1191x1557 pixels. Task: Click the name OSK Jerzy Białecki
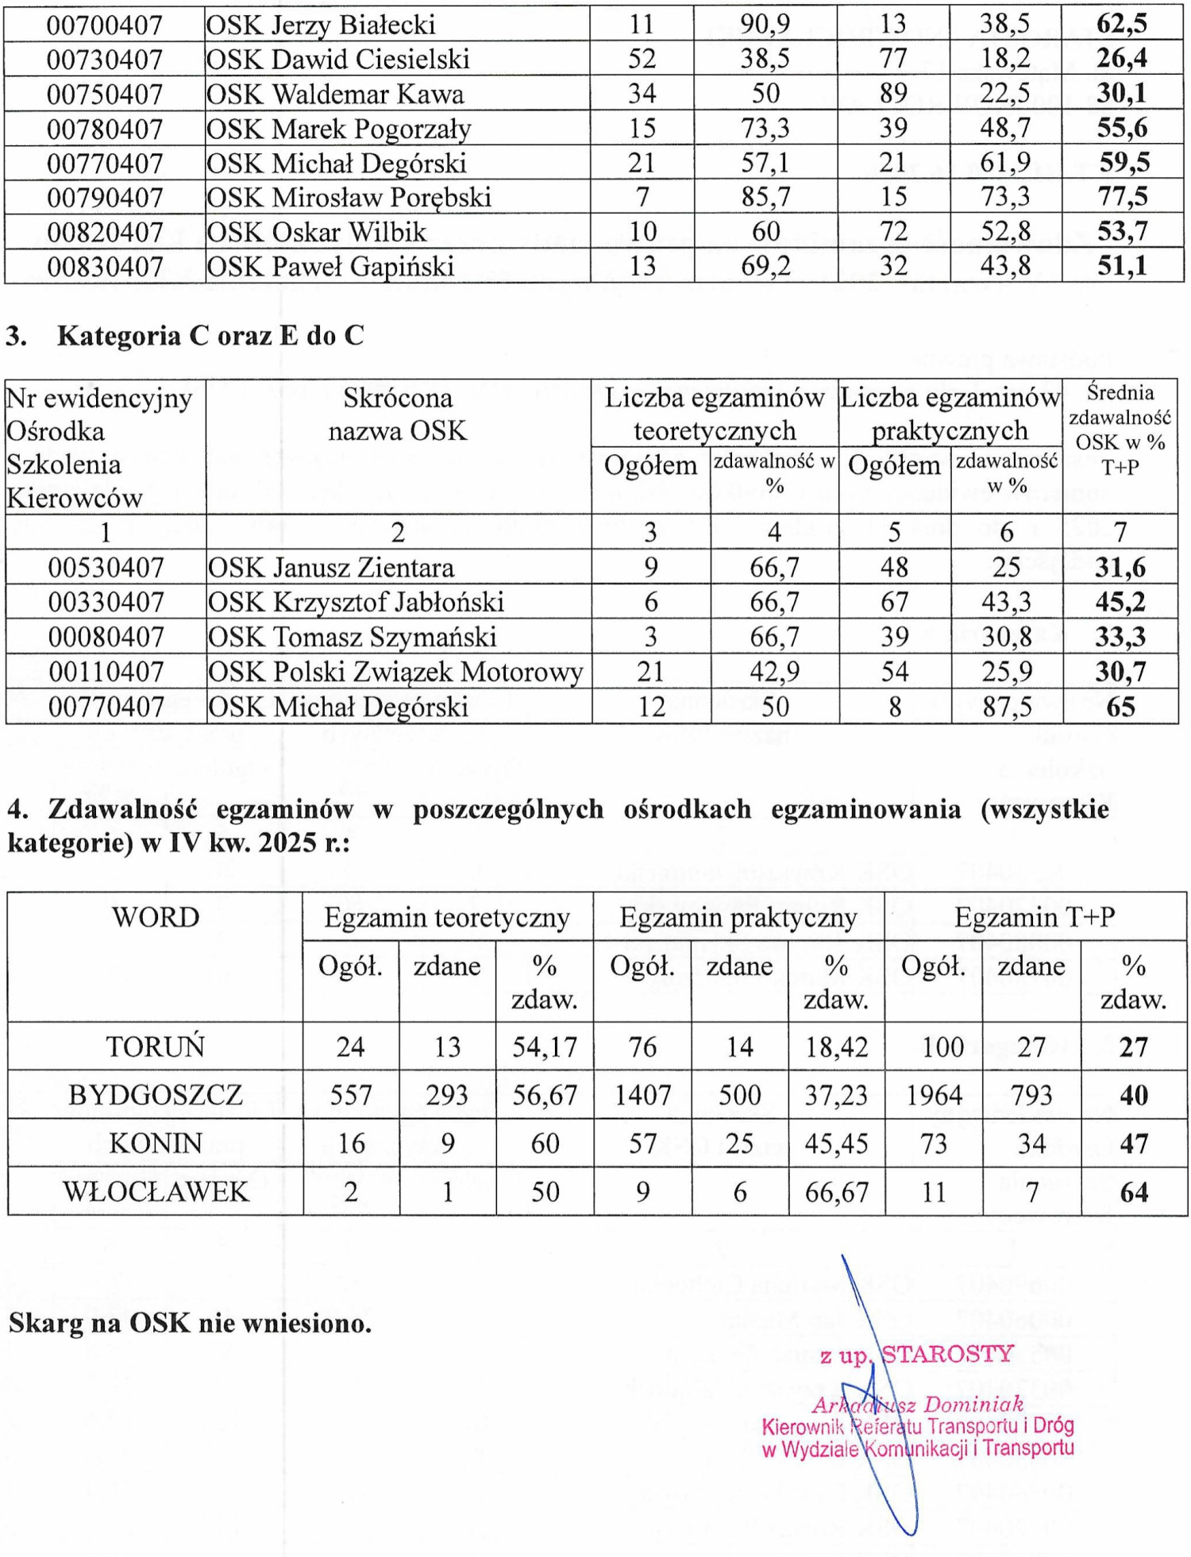click(320, 25)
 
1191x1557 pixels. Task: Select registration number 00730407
click(104, 60)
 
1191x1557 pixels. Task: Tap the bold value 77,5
click(1122, 196)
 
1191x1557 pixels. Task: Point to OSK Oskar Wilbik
click(316, 232)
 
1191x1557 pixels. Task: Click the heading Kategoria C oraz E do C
click(210, 336)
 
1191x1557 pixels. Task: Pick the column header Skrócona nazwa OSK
click(397, 414)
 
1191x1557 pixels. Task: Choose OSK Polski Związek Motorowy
click(395, 672)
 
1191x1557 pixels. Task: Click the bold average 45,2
click(1120, 602)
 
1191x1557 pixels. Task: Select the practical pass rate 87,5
click(1007, 707)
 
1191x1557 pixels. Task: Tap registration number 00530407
click(106, 568)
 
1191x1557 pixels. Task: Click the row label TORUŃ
click(156, 1046)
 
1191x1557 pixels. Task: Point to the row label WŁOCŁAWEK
click(156, 1192)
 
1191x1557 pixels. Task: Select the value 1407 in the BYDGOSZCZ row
click(642, 1096)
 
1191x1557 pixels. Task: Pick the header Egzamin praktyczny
click(738, 918)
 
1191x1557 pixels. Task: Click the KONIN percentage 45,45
click(836, 1143)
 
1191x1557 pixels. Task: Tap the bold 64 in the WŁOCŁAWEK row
click(1133, 1192)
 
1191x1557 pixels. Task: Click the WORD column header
click(156, 918)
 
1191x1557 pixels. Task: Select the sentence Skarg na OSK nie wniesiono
click(190, 1323)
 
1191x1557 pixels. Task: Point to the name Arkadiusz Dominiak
click(917, 1405)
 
